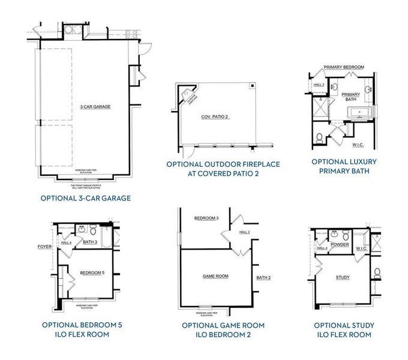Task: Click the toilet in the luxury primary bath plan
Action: (320, 134)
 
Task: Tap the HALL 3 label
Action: (319, 85)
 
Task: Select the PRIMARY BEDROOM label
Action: (344, 67)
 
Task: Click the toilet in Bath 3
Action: (94, 230)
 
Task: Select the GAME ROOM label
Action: (215, 276)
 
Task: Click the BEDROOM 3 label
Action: (206, 218)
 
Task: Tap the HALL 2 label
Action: (244, 232)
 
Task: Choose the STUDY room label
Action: (343, 277)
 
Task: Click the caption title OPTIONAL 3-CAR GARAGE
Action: (85, 197)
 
